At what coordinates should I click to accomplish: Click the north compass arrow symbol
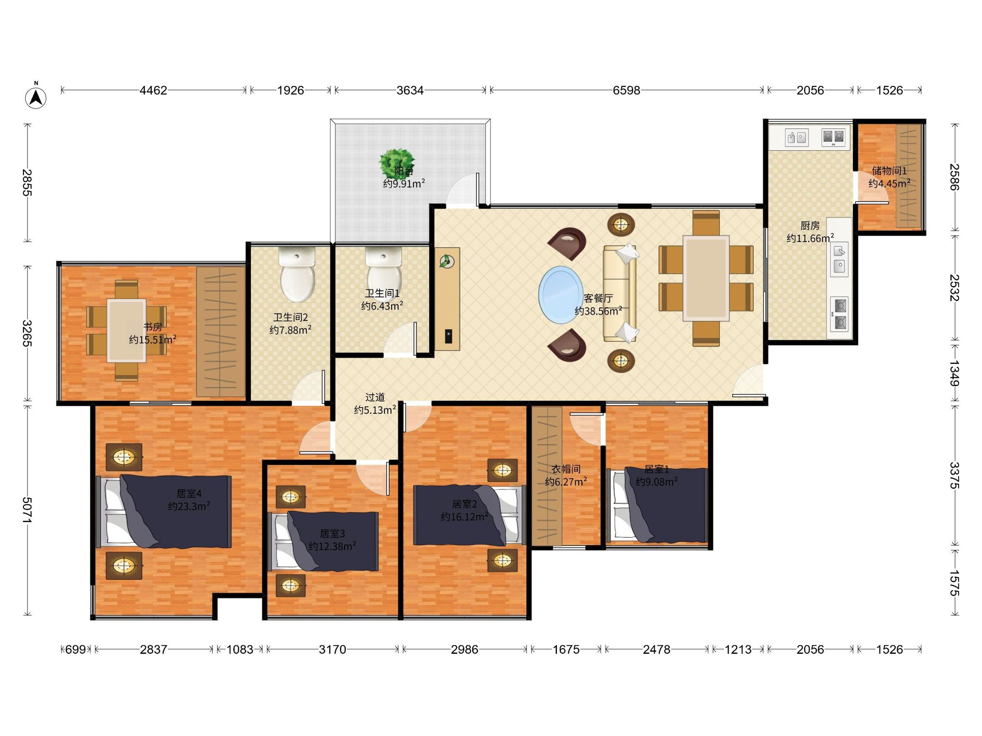[x=36, y=97]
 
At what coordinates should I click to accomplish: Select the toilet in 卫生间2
[x=297, y=274]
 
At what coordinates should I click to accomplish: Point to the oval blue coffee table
[x=561, y=294]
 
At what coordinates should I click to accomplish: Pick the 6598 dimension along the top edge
[x=626, y=90]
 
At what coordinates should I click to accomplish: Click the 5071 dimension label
[x=27, y=510]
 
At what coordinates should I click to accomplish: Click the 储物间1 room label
[x=889, y=171]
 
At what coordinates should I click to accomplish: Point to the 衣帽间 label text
[x=566, y=469]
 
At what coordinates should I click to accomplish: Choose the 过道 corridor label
[x=375, y=397]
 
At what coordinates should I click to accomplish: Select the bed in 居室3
[x=323, y=541]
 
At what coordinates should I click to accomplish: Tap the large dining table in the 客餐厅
[x=706, y=278]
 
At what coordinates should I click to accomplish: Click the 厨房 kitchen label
[x=810, y=226]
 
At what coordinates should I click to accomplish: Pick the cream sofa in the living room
[x=620, y=293]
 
